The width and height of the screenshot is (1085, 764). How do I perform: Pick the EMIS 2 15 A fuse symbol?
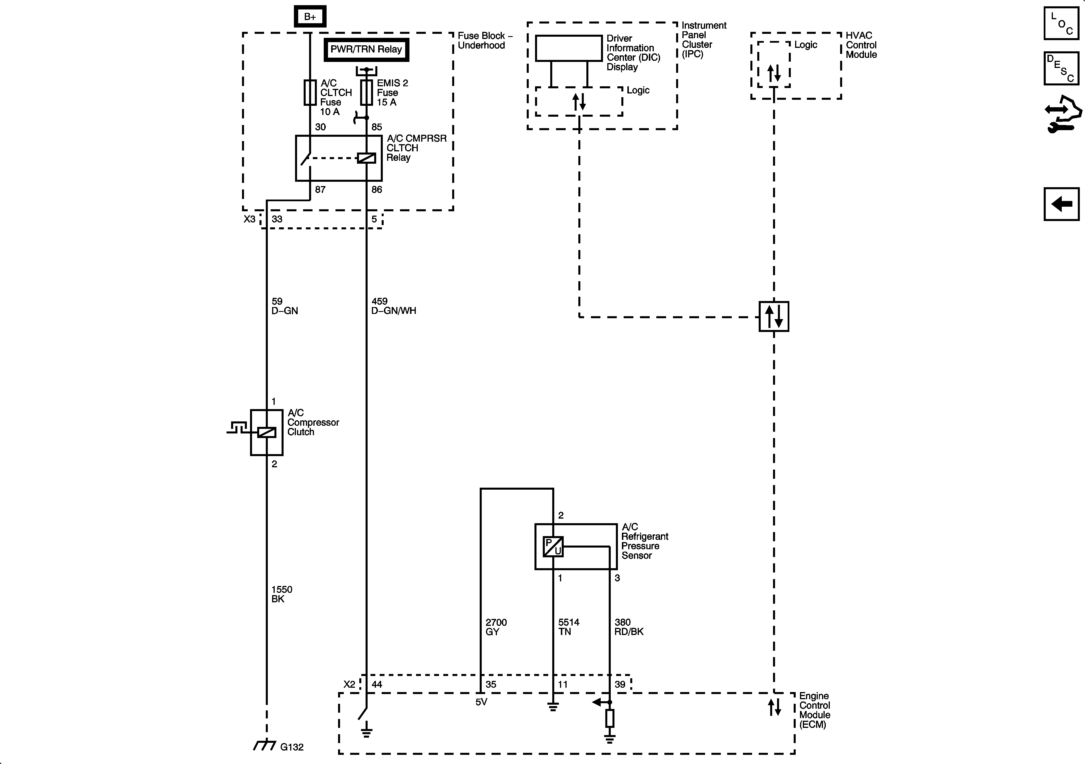(x=366, y=92)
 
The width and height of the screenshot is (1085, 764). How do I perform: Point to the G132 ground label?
(x=292, y=747)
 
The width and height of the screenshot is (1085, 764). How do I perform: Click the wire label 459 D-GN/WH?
(x=393, y=306)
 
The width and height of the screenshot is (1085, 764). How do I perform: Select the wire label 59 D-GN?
(x=284, y=306)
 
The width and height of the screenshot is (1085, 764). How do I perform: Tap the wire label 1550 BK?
(x=282, y=594)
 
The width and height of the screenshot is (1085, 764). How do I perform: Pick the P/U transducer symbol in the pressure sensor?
(x=553, y=547)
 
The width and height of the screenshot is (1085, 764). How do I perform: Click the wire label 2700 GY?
(x=496, y=626)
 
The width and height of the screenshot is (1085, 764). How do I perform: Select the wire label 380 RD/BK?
(x=629, y=626)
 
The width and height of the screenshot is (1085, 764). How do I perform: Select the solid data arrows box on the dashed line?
(x=774, y=316)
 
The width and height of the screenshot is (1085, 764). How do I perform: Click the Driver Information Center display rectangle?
(x=569, y=48)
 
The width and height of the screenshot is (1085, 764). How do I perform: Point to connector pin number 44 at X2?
(x=377, y=684)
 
